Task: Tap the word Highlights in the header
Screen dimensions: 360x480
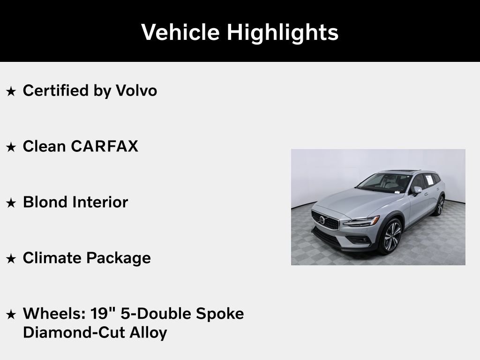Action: (x=282, y=32)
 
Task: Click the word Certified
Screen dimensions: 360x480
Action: (x=56, y=90)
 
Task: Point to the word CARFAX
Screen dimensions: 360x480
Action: (x=105, y=146)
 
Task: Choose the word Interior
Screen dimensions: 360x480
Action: (x=100, y=202)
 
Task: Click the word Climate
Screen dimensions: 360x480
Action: (x=52, y=258)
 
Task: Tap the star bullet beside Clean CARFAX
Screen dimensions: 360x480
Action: (x=11, y=147)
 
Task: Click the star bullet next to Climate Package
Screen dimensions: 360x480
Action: (x=11, y=258)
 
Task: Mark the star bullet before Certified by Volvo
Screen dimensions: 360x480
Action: (x=11, y=91)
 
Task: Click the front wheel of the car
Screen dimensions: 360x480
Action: (x=391, y=237)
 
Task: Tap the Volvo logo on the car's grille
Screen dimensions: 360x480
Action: (x=322, y=219)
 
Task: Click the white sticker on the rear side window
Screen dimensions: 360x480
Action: (x=428, y=179)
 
